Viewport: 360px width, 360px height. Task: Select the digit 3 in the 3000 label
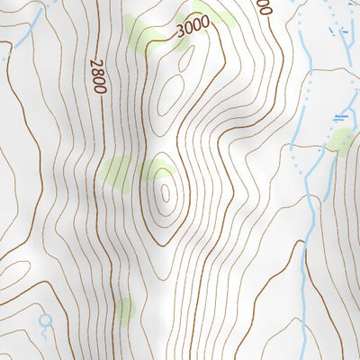tap(180, 34)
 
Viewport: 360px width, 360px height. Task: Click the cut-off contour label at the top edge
tap(263, 7)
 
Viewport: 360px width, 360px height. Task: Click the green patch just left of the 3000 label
tap(147, 32)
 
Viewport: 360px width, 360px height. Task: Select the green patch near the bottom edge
tap(124, 310)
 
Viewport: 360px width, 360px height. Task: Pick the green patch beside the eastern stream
tap(340, 141)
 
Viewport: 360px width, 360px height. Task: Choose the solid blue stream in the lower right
tap(301, 270)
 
